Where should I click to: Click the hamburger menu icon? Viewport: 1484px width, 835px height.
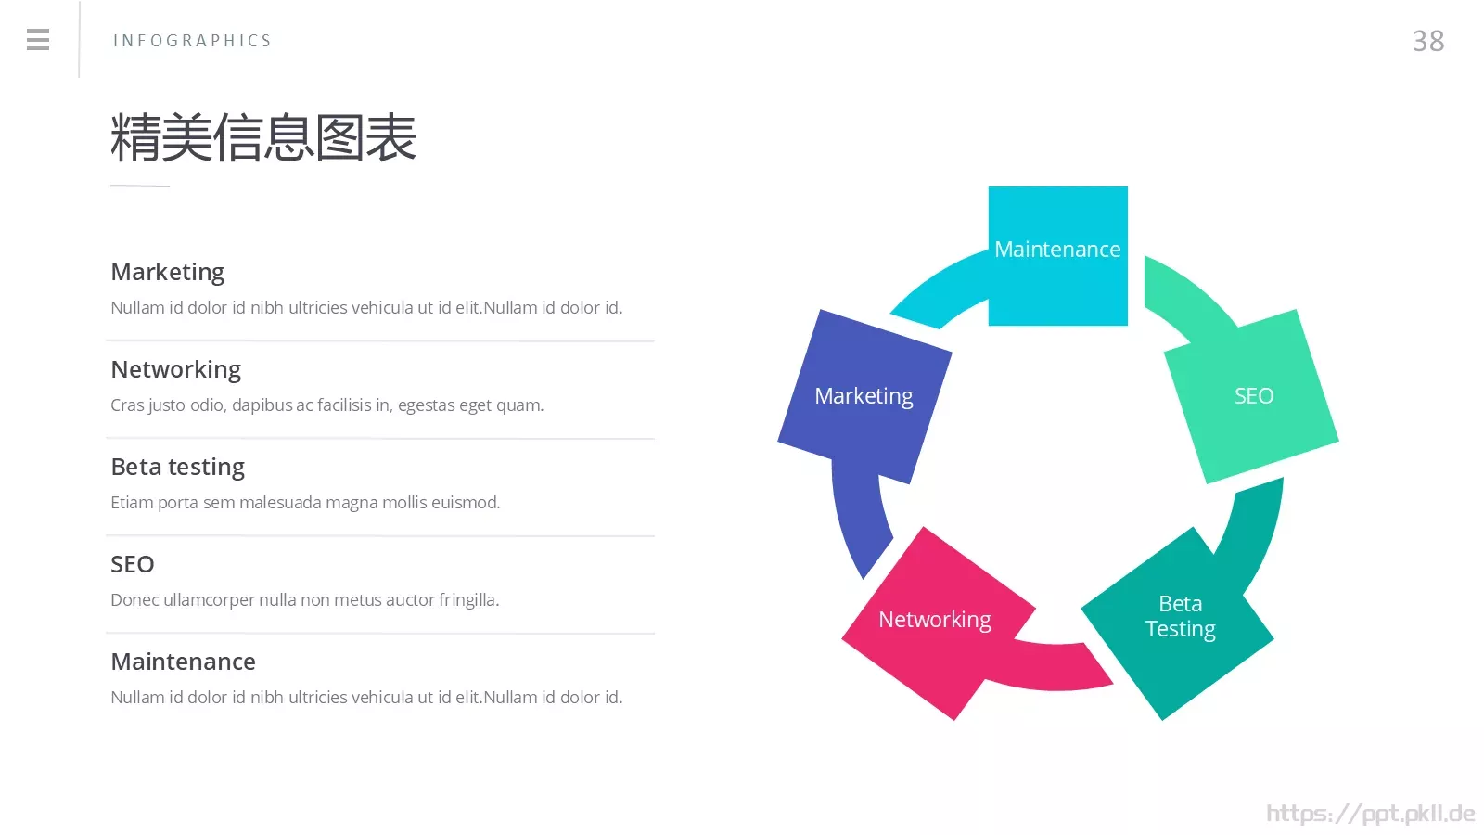click(x=38, y=40)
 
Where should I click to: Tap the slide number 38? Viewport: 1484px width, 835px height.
click(x=1428, y=41)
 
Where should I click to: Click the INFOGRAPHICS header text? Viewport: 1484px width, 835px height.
click(x=192, y=41)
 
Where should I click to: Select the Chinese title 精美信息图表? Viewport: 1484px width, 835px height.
click(x=263, y=137)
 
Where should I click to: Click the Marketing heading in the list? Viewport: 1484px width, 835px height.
click(x=168, y=273)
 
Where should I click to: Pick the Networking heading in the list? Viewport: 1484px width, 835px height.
click(x=175, y=370)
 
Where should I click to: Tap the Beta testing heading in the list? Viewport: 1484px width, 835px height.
click(x=177, y=467)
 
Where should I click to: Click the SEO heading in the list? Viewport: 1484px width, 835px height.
click(x=133, y=564)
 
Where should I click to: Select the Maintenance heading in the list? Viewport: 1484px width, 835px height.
click(x=183, y=662)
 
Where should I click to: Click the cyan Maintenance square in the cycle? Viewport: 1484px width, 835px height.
click(x=1058, y=256)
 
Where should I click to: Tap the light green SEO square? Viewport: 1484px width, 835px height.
click(x=1251, y=396)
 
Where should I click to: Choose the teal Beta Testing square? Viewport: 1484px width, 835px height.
click(x=1177, y=623)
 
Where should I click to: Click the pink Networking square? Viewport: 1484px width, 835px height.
click(x=939, y=623)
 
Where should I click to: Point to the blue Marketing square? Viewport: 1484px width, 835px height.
click(x=864, y=396)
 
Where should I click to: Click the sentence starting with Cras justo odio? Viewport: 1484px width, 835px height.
click(x=327, y=405)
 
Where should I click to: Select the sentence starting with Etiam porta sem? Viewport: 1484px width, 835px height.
click(x=305, y=502)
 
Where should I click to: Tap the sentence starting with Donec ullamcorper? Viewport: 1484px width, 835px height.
click(x=305, y=599)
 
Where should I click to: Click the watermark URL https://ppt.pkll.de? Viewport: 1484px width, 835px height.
click(x=1371, y=813)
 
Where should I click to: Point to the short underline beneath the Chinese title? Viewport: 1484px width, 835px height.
click(x=140, y=186)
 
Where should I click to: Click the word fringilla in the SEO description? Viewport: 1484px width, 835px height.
click(x=468, y=600)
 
